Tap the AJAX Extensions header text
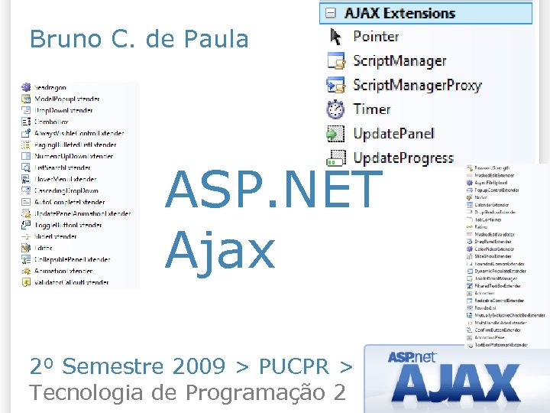(400, 13)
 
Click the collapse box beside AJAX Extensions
(331, 13)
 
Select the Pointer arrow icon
(335, 36)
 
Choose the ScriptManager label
(399, 60)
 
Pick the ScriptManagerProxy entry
(416, 85)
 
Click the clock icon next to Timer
(335, 109)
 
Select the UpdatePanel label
(393, 134)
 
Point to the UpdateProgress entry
(403, 158)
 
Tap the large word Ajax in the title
(220, 251)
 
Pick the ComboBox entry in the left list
(51, 122)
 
